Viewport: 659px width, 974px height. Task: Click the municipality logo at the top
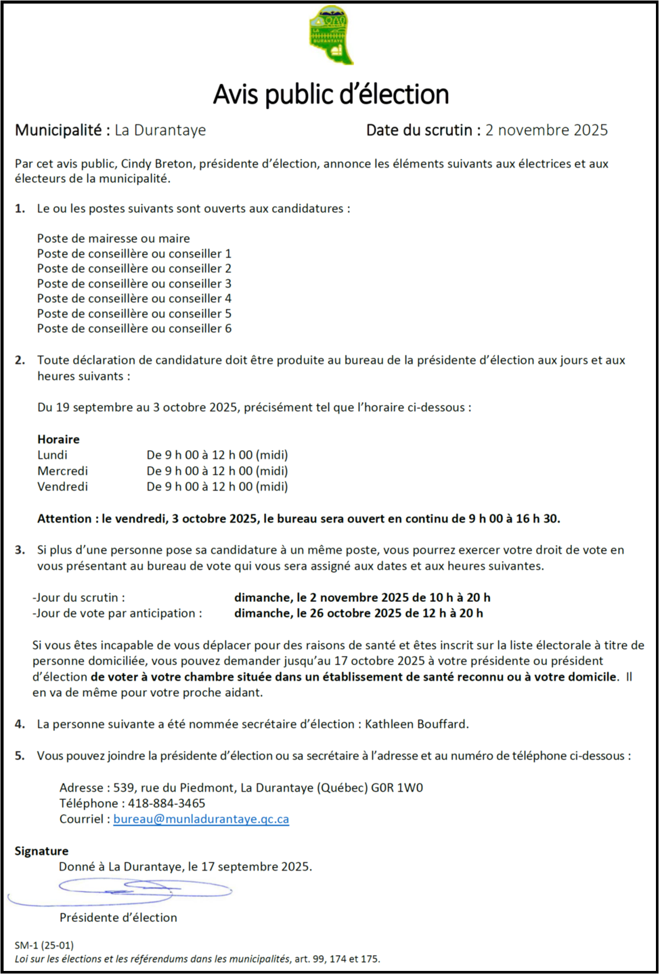(x=330, y=35)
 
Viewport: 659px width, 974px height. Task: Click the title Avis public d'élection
(x=331, y=94)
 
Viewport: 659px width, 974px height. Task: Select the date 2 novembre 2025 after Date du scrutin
(x=546, y=130)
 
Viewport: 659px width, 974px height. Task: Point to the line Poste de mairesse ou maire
(x=113, y=238)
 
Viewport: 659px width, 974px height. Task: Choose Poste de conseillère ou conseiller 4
(x=134, y=298)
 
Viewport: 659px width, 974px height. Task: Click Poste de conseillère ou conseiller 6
(x=134, y=328)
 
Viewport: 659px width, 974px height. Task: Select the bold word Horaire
(x=58, y=439)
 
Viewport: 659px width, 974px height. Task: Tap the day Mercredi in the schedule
(x=62, y=471)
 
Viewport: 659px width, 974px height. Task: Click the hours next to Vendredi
(x=217, y=486)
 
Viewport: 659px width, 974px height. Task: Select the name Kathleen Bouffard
(x=416, y=724)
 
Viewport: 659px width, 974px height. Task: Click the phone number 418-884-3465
(x=166, y=803)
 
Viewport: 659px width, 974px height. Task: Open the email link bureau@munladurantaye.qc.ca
(x=201, y=819)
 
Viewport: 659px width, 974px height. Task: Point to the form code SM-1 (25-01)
(x=44, y=945)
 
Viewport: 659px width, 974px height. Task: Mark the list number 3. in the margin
(x=20, y=550)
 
